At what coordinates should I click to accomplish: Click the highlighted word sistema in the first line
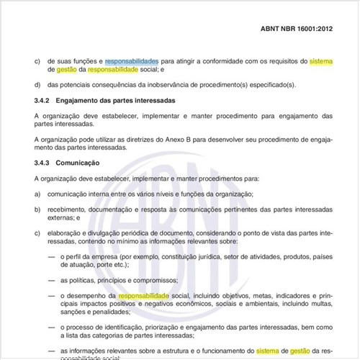tap(321, 62)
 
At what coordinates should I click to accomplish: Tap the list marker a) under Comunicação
tap(37, 194)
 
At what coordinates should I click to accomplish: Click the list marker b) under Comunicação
tap(37, 210)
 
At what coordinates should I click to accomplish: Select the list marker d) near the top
tap(37, 85)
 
